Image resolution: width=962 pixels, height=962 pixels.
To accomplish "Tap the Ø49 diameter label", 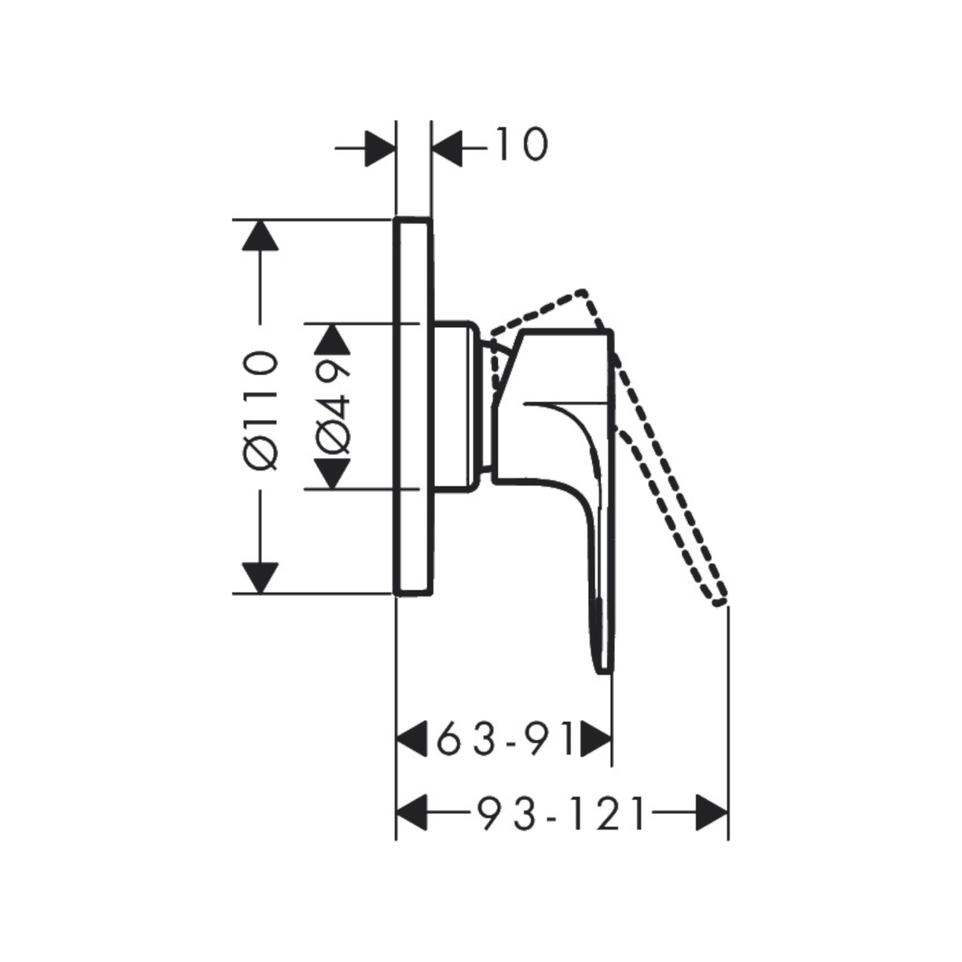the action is [332, 406].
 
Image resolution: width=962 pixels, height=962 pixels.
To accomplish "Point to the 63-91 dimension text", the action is [505, 739].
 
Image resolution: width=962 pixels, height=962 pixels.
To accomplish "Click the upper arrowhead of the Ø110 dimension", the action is [260, 235].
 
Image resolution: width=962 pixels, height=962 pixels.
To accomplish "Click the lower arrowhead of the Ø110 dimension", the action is [260, 578].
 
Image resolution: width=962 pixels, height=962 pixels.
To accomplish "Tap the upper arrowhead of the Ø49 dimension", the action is [332, 339].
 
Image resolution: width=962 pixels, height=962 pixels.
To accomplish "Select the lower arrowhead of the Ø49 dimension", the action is [332, 474].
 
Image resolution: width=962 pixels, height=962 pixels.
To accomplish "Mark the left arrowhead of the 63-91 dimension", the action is [412, 739].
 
